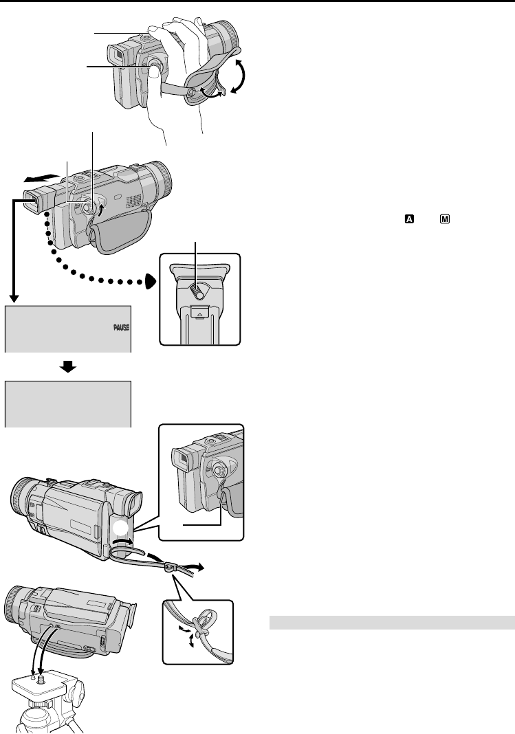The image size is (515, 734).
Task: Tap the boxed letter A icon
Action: coord(409,219)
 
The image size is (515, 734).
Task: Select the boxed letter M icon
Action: coord(445,219)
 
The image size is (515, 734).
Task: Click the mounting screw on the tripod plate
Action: coord(39,683)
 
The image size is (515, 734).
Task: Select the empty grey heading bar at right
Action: coord(391,623)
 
